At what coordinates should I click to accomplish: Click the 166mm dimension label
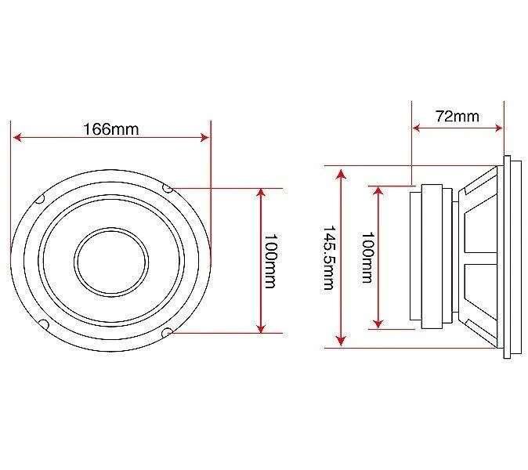coord(110,129)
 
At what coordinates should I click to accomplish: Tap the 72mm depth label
coord(457,116)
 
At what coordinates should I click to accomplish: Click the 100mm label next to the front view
coord(270,262)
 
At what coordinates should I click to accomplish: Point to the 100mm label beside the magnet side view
coord(367,257)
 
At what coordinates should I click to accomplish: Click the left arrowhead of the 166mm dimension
coord(17,137)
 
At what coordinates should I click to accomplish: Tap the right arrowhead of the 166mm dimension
coord(204,137)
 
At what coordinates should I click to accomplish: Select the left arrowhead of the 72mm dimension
coord(417,128)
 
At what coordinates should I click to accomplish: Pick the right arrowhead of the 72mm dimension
coord(499,128)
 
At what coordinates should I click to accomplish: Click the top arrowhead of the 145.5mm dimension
coord(342,174)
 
